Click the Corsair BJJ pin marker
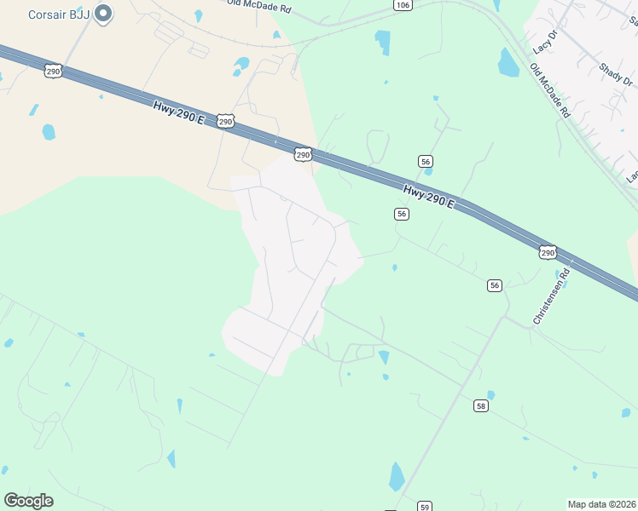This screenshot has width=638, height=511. tap(103, 14)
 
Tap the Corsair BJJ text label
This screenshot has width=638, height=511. tap(59, 14)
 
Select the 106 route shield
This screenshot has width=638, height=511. tap(403, 5)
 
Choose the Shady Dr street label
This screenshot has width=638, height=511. tap(616, 75)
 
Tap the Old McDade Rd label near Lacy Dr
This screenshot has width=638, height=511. tap(549, 90)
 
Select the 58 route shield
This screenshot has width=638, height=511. tap(482, 406)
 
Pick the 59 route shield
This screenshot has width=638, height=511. tap(425, 507)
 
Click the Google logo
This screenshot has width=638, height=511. tap(28, 501)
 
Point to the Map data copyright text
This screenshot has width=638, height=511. tap(601, 504)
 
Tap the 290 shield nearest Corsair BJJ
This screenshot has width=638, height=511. tap(53, 72)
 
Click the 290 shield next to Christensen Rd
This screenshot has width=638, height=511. tap(548, 252)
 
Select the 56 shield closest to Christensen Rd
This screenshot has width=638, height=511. tap(495, 285)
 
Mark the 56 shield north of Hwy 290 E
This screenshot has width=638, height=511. tap(426, 161)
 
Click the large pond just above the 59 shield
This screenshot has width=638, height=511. tap(397, 475)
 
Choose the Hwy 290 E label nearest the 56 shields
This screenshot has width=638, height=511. tap(429, 198)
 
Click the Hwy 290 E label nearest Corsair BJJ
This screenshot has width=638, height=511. tap(179, 111)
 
